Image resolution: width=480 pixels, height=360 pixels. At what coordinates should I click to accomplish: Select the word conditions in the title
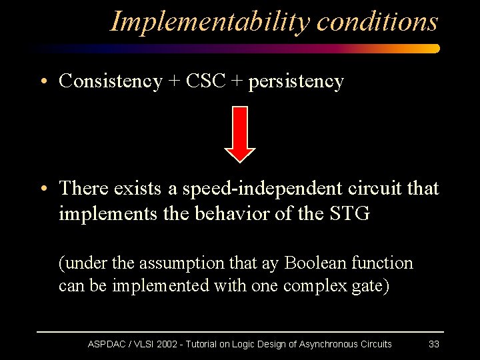[377, 21]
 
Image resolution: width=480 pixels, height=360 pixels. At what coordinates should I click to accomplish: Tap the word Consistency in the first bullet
[110, 81]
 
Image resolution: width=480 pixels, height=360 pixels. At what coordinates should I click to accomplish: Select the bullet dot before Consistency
[42, 82]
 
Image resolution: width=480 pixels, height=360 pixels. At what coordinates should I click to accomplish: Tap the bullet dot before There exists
[42, 189]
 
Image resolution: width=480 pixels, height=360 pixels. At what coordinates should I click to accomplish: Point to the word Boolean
[313, 263]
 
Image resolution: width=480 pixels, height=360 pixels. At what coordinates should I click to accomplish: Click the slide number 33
[433, 344]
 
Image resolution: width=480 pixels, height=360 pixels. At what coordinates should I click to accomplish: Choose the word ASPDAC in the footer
[107, 344]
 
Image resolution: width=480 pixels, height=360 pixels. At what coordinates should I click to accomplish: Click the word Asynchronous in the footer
[328, 344]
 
